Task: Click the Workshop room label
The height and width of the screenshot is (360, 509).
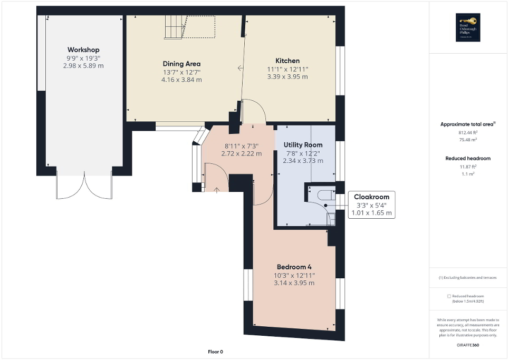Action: coord(83,50)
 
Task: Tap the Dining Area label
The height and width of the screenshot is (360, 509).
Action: coord(181,64)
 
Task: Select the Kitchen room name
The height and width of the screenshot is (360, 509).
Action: coord(287,61)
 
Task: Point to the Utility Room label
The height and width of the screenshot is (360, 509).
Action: coord(303,145)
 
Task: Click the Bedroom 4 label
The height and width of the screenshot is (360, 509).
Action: coord(294,267)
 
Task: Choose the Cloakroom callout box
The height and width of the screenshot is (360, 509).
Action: coord(371,205)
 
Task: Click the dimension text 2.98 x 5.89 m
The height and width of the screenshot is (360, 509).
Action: coord(83,66)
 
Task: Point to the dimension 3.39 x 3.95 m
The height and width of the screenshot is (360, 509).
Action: coord(287,76)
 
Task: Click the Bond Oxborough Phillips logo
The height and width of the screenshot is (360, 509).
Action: coord(467,28)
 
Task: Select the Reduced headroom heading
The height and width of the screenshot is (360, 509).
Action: coord(468,158)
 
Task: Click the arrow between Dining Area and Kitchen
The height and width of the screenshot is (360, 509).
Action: coord(240,68)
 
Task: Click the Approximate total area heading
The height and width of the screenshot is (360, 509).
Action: coord(467,124)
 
